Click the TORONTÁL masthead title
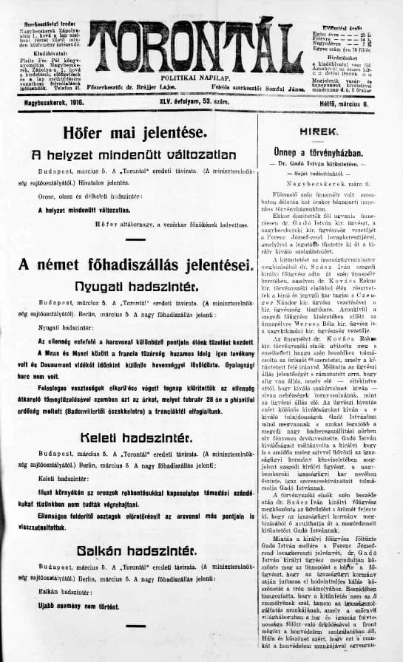point(195,44)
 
